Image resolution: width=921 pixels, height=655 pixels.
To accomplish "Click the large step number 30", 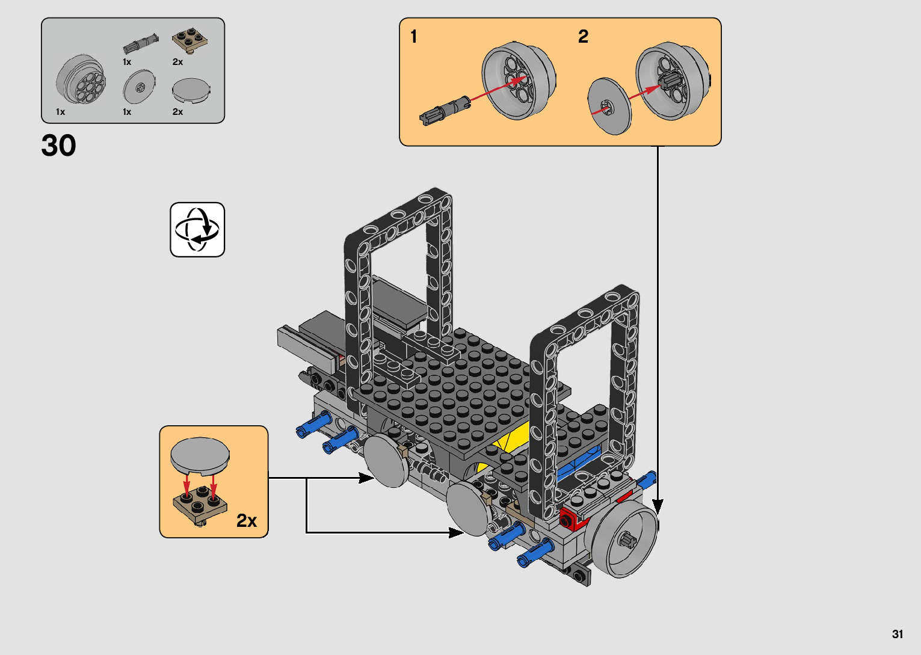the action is [x=58, y=146].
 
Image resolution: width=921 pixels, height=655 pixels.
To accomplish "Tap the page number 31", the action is [x=898, y=634].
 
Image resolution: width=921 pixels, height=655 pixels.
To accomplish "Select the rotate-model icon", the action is [x=197, y=229].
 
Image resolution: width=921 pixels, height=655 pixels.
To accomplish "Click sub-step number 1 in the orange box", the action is [x=414, y=36].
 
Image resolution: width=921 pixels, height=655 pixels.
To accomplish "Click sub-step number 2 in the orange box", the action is [x=583, y=36].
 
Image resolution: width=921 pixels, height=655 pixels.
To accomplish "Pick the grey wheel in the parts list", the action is [x=81, y=79].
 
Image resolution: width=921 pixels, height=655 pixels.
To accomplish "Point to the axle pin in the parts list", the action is [x=141, y=43].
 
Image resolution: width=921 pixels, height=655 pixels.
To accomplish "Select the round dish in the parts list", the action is [x=139, y=87].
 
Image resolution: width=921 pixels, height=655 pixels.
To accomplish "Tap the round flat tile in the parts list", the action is [x=191, y=90].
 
